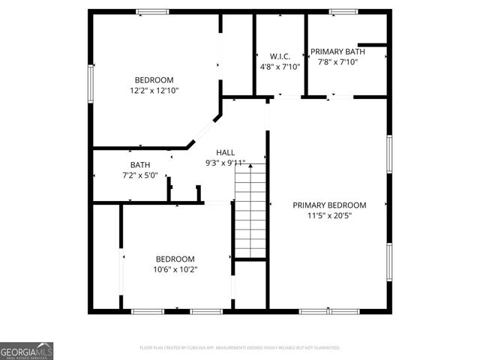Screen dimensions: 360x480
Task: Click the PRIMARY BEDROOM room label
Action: [x=329, y=205]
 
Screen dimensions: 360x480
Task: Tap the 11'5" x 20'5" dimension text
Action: [x=329, y=215]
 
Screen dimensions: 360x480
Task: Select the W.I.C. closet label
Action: [x=280, y=56]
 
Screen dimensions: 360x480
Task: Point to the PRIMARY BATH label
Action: [x=337, y=52]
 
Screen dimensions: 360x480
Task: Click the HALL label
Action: [x=226, y=152]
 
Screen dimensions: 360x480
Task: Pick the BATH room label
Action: [x=140, y=165]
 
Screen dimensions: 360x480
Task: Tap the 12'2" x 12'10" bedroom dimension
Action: [x=154, y=91]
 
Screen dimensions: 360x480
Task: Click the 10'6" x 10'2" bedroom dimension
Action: [x=175, y=269]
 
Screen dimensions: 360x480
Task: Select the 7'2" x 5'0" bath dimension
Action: [x=140, y=175]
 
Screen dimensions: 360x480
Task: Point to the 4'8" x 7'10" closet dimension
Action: [x=280, y=67]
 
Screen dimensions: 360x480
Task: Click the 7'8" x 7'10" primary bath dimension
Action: [x=337, y=62]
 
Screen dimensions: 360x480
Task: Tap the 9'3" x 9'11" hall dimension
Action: [x=226, y=163]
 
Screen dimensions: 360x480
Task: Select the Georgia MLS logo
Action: [x=26, y=351]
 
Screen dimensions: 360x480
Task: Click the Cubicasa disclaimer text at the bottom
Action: [x=240, y=348]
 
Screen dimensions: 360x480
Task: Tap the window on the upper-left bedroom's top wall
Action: [x=152, y=11]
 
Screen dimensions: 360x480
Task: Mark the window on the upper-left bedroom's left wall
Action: [x=91, y=82]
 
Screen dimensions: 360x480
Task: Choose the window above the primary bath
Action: [x=343, y=11]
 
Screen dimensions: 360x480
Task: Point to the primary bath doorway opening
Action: [x=339, y=97]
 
